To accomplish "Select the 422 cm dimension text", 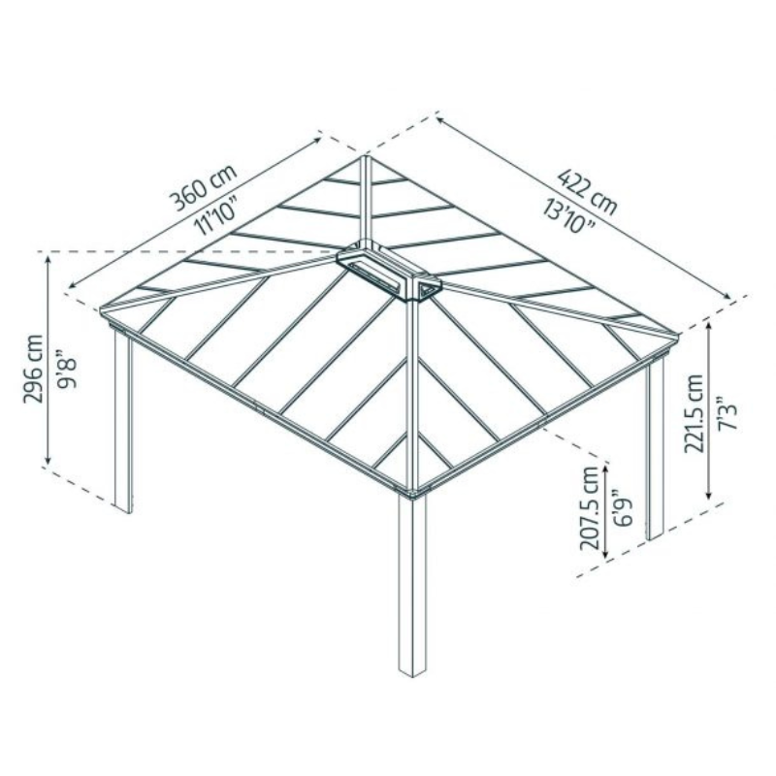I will tap(589, 189).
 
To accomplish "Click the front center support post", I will tap(412, 582).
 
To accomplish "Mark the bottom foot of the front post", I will tap(412, 671).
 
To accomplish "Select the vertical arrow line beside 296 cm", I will tap(48, 359).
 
